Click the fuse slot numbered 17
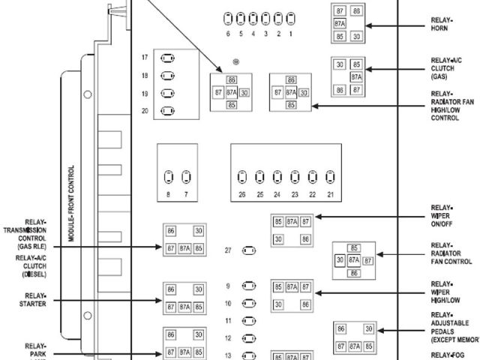click(x=168, y=58)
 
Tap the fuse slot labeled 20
click(x=168, y=112)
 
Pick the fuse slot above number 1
click(x=290, y=17)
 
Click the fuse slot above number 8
click(x=168, y=178)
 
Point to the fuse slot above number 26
click(x=241, y=178)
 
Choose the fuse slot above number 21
click(x=331, y=178)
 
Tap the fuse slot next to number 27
click(x=250, y=250)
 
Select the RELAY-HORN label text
click(x=442, y=25)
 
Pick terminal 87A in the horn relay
click(x=340, y=23)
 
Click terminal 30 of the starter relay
click(x=198, y=289)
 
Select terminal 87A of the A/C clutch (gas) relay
click(x=356, y=76)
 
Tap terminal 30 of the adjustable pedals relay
click(x=368, y=329)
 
